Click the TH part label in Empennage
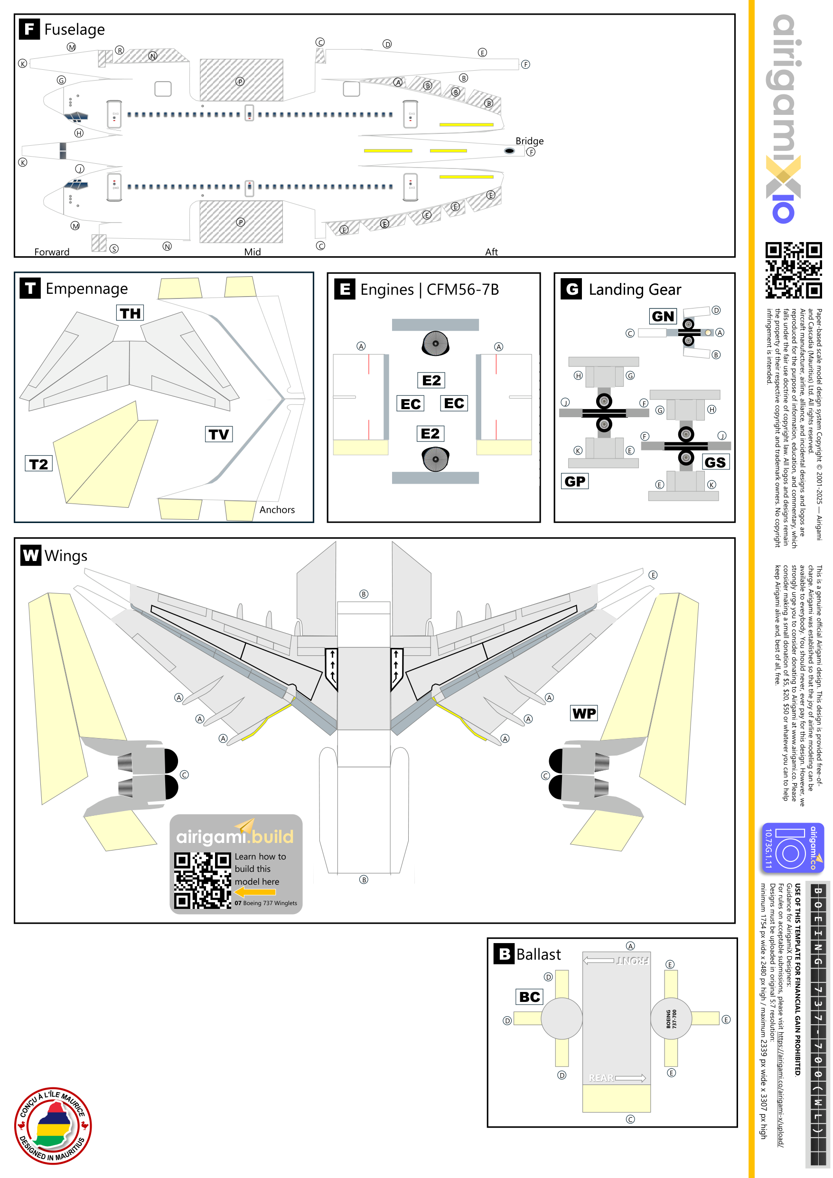click(131, 313)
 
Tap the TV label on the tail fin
click(219, 434)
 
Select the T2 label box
click(38, 464)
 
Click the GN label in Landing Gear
click(663, 316)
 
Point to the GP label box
click(575, 481)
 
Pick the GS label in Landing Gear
click(715, 462)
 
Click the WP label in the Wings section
click(584, 713)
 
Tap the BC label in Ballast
click(530, 996)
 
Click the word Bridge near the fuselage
click(529, 140)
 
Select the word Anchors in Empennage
click(277, 509)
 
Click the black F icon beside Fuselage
click(30, 29)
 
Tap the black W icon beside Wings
click(31, 555)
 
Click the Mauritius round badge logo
click(53, 1125)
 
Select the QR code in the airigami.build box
click(202, 880)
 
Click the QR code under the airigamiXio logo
click(793, 270)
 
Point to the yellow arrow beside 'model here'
click(255, 892)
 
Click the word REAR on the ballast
click(601, 1077)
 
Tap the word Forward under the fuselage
click(52, 252)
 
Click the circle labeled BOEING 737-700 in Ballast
click(671, 1019)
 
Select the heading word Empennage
click(87, 289)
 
